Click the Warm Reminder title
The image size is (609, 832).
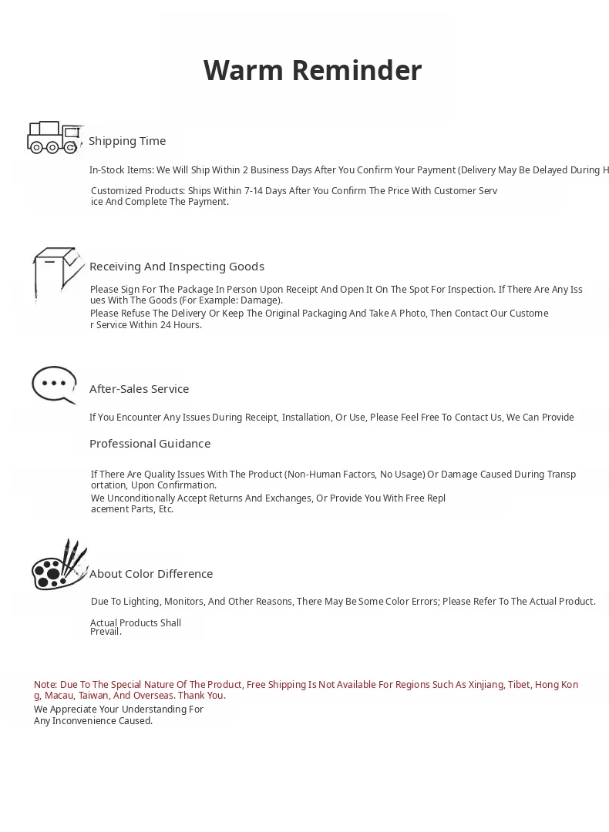point(312,71)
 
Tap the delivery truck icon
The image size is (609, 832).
point(54,137)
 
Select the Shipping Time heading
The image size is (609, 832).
point(127,141)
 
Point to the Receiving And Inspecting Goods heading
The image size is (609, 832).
point(177,267)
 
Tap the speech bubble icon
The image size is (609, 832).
point(54,384)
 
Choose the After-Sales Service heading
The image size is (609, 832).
point(139,389)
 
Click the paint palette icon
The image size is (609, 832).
point(59,565)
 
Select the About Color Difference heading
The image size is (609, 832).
point(151,574)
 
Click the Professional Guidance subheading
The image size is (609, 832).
point(150,444)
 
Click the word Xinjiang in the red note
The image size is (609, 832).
point(483,685)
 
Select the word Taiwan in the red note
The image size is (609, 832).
point(93,696)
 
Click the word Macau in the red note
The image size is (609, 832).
point(59,696)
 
